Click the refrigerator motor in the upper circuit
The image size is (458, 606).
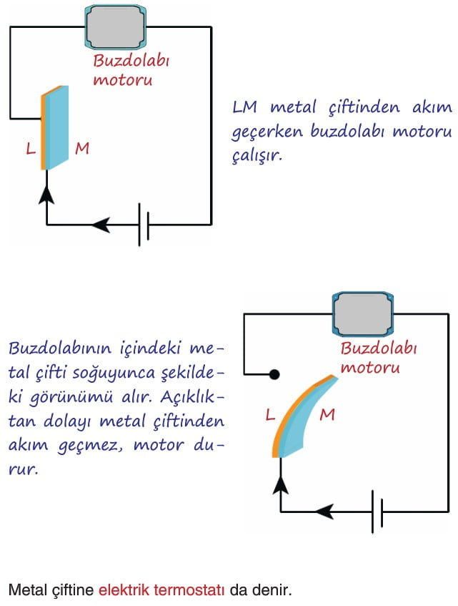tap(115, 27)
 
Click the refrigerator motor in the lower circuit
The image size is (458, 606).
tap(363, 314)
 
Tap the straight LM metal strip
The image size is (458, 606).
tap(55, 128)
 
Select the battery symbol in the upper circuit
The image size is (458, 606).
tap(144, 224)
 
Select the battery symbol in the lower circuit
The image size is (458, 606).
tap(377, 512)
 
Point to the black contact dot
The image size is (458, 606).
tap(274, 374)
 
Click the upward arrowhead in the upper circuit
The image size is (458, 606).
tap(46, 194)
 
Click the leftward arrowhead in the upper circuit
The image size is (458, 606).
tap(101, 224)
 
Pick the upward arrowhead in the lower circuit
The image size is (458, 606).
tap(281, 484)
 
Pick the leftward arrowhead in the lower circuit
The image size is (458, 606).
tap(324, 512)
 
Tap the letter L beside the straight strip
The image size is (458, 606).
tap(31, 149)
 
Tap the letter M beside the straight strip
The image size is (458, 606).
tap(82, 148)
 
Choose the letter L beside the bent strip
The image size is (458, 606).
tap(271, 415)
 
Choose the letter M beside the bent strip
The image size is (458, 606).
tap(327, 415)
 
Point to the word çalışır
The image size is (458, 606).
tap(257, 156)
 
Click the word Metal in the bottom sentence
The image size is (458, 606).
tap(24, 590)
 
